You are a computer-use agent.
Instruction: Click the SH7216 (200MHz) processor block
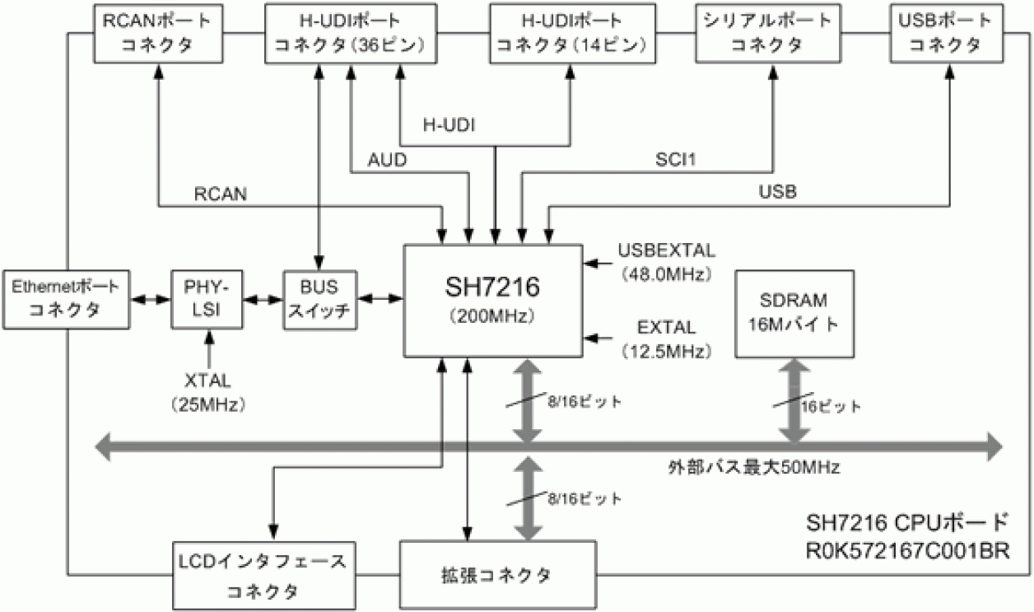(x=492, y=301)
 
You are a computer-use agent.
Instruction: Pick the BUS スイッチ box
(x=320, y=299)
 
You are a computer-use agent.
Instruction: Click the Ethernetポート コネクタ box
(x=65, y=299)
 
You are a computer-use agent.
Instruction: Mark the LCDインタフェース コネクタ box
(x=263, y=576)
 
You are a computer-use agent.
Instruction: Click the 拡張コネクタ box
(x=499, y=574)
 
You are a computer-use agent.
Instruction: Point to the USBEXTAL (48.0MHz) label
(x=665, y=262)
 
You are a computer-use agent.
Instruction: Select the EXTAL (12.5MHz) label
(x=665, y=338)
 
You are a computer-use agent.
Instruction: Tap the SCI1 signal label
(x=675, y=160)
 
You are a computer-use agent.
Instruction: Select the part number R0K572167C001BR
(x=906, y=549)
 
